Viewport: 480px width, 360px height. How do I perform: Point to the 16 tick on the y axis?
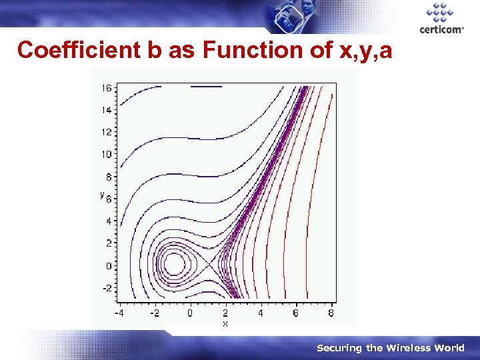coord(107,88)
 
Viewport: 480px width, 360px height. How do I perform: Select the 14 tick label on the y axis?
coord(107,110)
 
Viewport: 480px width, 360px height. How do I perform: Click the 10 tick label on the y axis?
coord(107,155)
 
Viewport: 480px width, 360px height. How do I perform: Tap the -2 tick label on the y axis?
coord(107,288)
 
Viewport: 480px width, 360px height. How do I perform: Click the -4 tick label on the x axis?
coord(119,313)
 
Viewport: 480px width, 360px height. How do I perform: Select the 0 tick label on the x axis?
coord(189,313)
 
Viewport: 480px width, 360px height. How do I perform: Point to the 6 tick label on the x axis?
coord(295,313)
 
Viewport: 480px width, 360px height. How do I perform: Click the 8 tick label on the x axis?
coord(331,313)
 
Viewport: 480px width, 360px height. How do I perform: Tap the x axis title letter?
coord(225,323)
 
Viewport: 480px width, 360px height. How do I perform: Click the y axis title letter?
coord(102,195)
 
